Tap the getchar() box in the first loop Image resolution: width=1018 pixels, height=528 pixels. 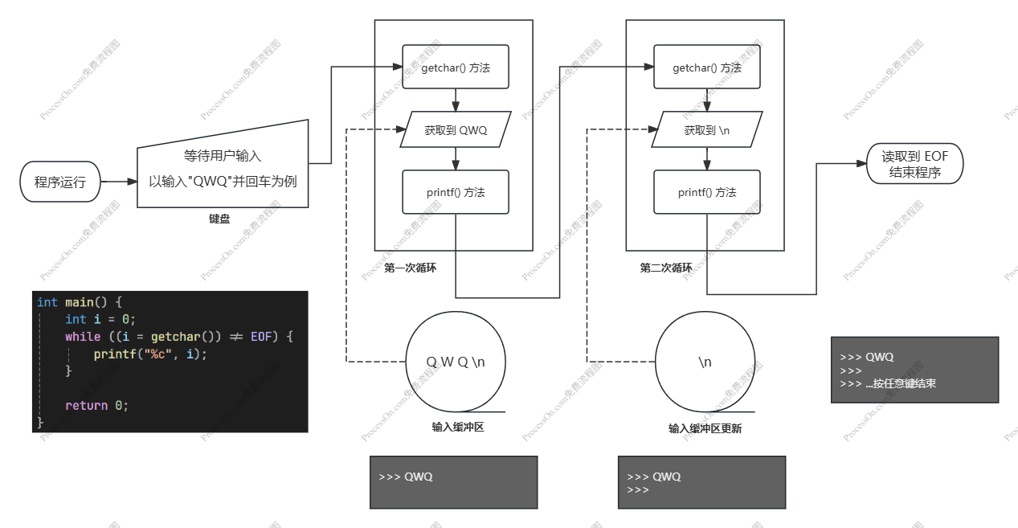point(456,68)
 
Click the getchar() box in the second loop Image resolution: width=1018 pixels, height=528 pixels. point(707,68)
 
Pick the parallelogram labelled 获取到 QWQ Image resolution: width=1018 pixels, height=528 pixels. point(456,129)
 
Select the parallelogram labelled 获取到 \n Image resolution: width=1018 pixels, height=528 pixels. point(707,129)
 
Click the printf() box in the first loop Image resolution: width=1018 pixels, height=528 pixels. point(456,192)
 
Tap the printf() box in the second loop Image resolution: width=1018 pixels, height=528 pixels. point(707,192)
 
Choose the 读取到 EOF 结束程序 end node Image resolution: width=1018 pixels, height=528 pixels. point(914,164)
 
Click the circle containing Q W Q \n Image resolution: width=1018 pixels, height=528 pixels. point(456,362)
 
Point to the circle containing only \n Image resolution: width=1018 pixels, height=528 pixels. point(705,362)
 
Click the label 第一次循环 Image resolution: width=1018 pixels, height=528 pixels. point(410,268)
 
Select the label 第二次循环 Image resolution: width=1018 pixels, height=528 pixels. point(665,268)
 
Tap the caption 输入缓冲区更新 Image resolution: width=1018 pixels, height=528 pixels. point(705,429)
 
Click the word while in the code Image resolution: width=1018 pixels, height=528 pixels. point(83,337)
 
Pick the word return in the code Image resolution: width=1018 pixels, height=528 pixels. point(86,406)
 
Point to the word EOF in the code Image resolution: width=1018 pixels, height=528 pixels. point(262,337)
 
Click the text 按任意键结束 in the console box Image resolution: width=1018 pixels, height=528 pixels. point(905,384)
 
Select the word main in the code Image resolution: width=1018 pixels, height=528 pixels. point(80,302)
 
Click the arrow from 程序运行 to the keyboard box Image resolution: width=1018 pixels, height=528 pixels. point(120,182)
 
